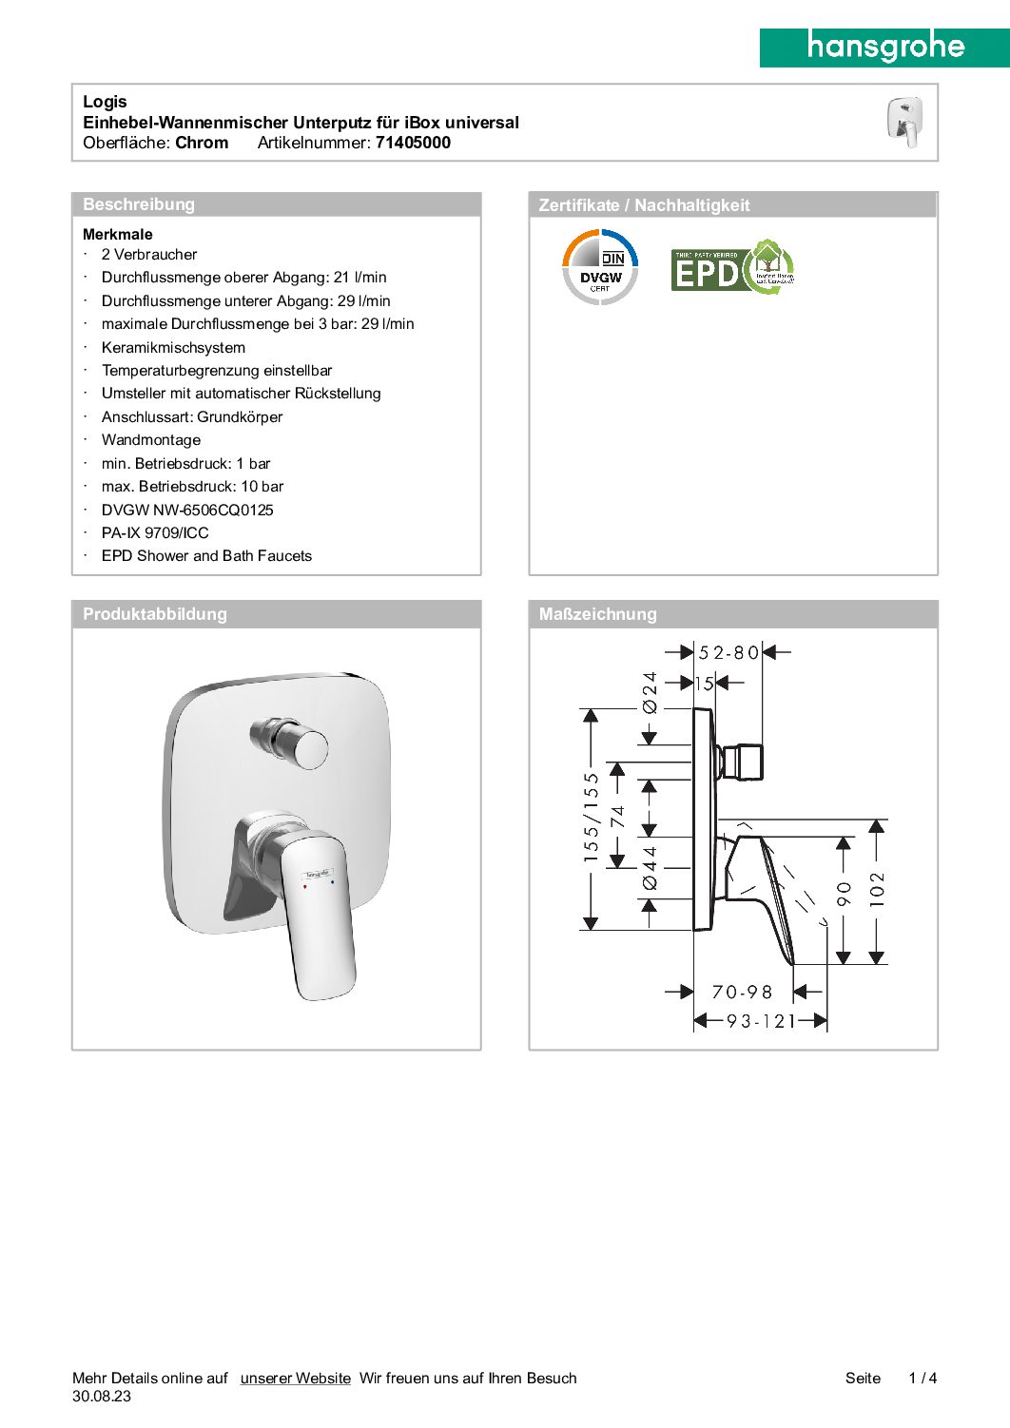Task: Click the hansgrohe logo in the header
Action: (x=884, y=47)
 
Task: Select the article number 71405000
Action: (x=413, y=143)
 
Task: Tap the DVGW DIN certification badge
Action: (x=600, y=267)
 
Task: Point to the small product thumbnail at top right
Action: (x=904, y=123)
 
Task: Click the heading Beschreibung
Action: (x=139, y=204)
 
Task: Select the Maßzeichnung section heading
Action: (x=597, y=614)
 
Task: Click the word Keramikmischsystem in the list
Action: (x=173, y=348)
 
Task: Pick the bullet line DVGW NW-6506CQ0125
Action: (x=187, y=511)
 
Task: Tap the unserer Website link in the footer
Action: (x=295, y=1379)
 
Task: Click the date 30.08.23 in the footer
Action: (x=102, y=1397)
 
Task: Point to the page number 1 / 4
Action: (x=923, y=1379)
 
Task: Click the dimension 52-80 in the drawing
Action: (x=728, y=653)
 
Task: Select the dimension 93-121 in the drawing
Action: (x=761, y=1022)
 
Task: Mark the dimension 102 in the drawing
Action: (x=877, y=890)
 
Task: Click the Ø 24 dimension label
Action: (x=650, y=693)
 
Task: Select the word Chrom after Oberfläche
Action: (x=202, y=143)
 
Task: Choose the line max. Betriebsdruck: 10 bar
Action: (x=192, y=487)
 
